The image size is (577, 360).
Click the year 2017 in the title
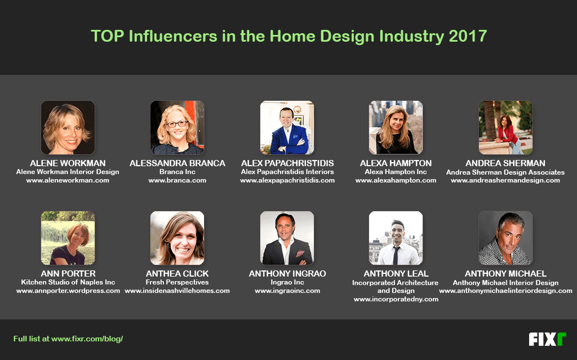click(x=468, y=36)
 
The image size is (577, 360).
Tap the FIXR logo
click(x=547, y=339)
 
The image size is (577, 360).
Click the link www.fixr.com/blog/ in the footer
click(x=87, y=339)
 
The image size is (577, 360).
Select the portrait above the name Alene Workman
click(x=68, y=127)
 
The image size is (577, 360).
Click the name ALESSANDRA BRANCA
click(x=177, y=163)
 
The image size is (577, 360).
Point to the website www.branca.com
click(x=177, y=180)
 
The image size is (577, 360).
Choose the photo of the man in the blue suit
click(x=287, y=127)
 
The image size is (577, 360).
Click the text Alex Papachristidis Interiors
click(x=287, y=172)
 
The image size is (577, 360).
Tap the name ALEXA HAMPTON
click(x=396, y=163)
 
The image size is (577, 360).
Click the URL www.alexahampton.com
click(x=396, y=180)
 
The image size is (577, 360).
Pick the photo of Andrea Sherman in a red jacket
click(x=505, y=127)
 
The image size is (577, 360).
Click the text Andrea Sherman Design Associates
click(x=505, y=172)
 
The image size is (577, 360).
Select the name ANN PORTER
click(x=68, y=273)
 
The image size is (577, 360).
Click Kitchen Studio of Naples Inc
click(x=68, y=282)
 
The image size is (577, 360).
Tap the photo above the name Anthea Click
click(x=177, y=238)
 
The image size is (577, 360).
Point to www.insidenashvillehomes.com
click(x=177, y=291)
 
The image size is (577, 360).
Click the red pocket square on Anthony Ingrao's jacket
click(x=300, y=254)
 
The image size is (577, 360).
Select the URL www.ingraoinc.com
click(x=287, y=291)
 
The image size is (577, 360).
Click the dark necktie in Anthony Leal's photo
click(x=396, y=255)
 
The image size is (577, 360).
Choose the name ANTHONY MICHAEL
click(x=505, y=273)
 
